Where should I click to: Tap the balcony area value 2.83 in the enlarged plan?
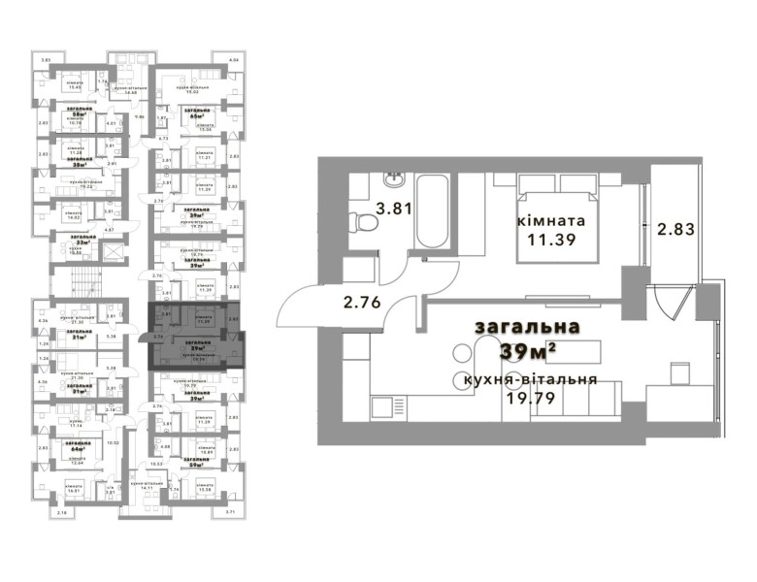(x=675, y=229)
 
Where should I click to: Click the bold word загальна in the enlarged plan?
(x=527, y=327)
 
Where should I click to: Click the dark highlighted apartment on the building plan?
(x=194, y=335)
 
